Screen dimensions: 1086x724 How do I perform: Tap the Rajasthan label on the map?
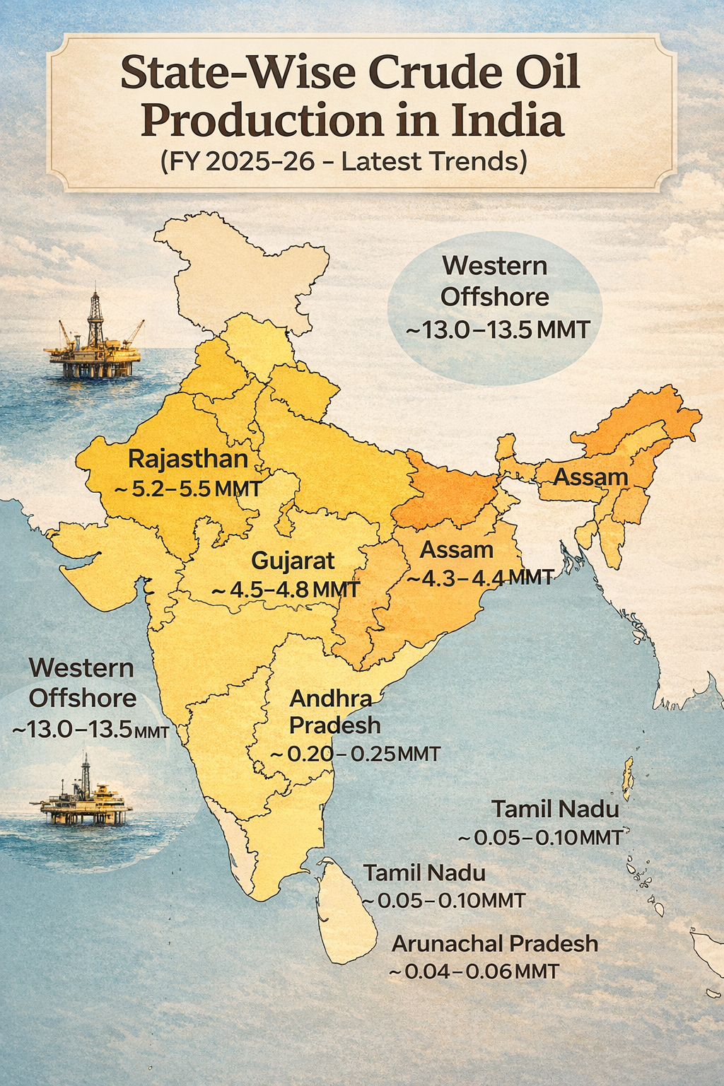click(x=188, y=459)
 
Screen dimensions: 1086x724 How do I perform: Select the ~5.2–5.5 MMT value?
click(x=187, y=489)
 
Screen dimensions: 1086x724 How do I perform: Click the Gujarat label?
click(x=293, y=561)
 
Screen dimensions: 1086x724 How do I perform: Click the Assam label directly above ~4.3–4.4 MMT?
click(x=457, y=549)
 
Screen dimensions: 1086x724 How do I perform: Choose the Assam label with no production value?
click(x=590, y=477)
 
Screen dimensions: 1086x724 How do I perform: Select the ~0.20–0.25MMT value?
click(x=356, y=754)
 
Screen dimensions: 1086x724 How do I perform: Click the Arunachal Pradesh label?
click(x=495, y=943)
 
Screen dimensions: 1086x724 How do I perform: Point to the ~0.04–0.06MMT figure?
click(x=474, y=971)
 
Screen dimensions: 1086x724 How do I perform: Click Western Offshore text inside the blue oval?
click(x=494, y=281)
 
